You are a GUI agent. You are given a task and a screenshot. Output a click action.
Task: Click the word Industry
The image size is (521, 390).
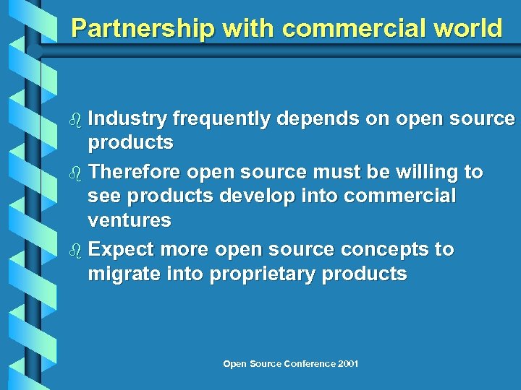point(127,119)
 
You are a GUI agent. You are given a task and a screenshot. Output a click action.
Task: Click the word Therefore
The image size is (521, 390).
point(135,173)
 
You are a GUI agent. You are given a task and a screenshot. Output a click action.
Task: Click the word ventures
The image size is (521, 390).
point(130,220)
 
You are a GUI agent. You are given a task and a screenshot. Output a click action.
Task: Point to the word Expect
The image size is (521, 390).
point(122,250)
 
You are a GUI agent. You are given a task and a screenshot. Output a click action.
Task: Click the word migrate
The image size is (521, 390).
point(124,274)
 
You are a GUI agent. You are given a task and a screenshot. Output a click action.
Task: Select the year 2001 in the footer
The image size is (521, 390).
point(347,363)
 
